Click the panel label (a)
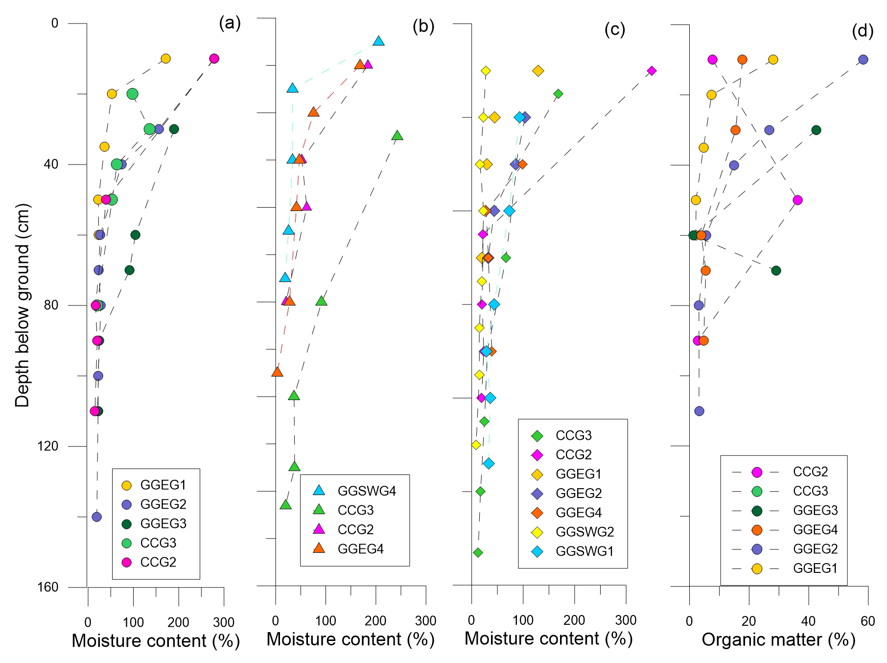[x=230, y=23]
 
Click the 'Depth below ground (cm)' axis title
[x=23, y=305]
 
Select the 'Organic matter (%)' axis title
[x=778, y=640]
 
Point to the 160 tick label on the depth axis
[x=48, y=587]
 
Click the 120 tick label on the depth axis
[x=48, y=446]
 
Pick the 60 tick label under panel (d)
[x=867, y=621]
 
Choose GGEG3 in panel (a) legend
[x=163, y=523]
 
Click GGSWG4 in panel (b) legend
[x=367, y=491]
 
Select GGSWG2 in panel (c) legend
[x=584, y=532]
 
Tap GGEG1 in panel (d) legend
[x=815, y=568]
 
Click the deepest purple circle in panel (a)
[x=97, y=517]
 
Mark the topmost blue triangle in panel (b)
[x=378, y=41]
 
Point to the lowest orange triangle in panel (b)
[x=277, y=372]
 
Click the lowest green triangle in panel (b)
[x=285, y=505]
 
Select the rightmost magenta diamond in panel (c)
[x=652, y=71]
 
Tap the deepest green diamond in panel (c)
[x=478, y=552]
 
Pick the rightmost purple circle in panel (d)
[x=863, y=60]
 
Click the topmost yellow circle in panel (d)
[x=773, y=60]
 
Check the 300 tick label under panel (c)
[x=626, y=620]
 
